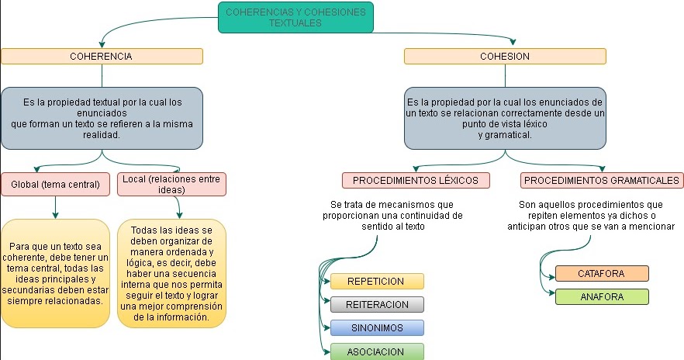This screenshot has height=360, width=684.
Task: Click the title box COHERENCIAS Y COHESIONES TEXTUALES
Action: click(x=295, y=17)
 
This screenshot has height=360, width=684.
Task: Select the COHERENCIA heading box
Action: click(x=102, y=57)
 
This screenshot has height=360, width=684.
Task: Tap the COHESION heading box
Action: click(x=505, y=57)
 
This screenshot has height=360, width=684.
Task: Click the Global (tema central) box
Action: click(x=55, y=185)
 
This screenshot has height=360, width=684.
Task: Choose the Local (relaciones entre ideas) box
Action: click(x=172, y=185)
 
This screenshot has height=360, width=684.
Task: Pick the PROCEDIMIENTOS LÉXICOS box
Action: click(x=416, y=181)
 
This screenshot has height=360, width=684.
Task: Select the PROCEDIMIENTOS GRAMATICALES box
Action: click(x=603, y=181)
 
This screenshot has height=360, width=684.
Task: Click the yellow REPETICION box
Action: click(x=377, y=281)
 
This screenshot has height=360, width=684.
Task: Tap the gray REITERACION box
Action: click(x=377, y=304)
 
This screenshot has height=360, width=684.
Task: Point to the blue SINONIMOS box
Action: click(x=377, y=327)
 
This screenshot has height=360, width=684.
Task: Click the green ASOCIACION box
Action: click(x=377, y=351)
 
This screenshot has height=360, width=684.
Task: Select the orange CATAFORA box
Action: click(x=602, y=273)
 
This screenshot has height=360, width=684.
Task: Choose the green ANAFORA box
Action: click(x=602, y=296)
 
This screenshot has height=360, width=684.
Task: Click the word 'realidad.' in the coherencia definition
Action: click(x=102, y=134)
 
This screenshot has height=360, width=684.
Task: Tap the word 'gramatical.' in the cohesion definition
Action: click(x=505, y=134)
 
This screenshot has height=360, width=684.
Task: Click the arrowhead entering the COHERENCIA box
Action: click(x=102, y=44)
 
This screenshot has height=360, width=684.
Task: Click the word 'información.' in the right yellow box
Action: click(x=187, y=317)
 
